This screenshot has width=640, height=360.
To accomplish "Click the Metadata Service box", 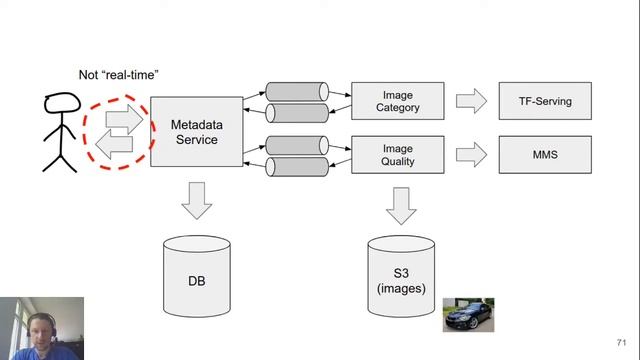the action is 197,131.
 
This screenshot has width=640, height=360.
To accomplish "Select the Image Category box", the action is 398,101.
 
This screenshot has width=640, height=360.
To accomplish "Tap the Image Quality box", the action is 398,155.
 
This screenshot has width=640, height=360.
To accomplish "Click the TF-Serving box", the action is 545,101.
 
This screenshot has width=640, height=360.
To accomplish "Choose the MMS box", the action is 545,155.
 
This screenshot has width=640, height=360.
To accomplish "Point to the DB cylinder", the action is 197,276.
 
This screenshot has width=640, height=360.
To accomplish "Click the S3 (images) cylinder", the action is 401,276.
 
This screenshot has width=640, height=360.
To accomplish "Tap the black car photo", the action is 469,315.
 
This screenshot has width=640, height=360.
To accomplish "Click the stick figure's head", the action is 62,102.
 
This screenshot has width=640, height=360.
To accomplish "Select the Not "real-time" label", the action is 118,75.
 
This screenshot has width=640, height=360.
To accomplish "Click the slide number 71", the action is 621,342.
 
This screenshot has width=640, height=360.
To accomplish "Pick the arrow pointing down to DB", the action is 197,201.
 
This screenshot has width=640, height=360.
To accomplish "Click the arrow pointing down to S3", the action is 401,206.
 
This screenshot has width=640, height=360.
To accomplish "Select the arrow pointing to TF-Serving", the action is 471,101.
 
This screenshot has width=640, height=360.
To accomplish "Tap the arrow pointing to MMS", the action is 471,155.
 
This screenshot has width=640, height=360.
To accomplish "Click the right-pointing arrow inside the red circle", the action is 124,119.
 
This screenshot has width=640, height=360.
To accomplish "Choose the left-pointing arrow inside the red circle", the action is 114,144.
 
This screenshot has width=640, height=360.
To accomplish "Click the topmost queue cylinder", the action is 297,92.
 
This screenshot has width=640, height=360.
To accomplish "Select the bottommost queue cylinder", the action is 297,167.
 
